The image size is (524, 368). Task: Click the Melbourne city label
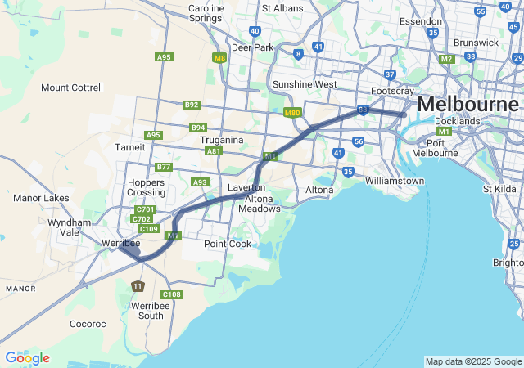click(x=468, y=105)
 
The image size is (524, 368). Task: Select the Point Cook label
click(x=228, y=244)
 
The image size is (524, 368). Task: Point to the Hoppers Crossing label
click(x=146, y=186)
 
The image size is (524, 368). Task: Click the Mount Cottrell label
click(x=72, y=88)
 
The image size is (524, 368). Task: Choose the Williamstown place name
click(x=395, y=180)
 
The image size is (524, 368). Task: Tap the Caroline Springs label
click(x=206, y=13)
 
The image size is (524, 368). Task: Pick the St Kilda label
click(x=499, y=189)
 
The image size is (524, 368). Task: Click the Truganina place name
click(x=222, y=140)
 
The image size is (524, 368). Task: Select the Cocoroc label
click(x=88, y=324)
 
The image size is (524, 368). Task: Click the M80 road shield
click(x=292, y=112)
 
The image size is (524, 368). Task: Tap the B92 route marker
click(x=192, y=105)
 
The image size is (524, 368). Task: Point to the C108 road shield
click(x=172, y=294)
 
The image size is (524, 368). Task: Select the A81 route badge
click(x=214, y=151)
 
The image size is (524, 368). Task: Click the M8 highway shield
click(x=219, y=58)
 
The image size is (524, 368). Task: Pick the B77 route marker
click(x=164, y=167)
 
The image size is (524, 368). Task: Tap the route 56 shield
click(x=359, y=141)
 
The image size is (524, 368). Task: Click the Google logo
click(x=27, y=358)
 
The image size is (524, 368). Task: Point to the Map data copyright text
click(x=473, y=361)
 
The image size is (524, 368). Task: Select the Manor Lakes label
click(x=41, y=198)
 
